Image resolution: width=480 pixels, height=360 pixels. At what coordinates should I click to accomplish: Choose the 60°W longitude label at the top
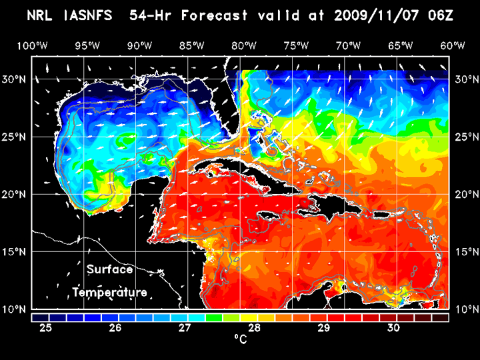coord(452,45)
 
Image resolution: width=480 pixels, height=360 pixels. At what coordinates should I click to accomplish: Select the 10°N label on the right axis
coord(465,309)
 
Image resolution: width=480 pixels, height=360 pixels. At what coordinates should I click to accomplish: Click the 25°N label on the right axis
coord(465,137)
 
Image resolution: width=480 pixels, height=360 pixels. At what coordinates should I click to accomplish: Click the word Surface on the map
coord(109,270)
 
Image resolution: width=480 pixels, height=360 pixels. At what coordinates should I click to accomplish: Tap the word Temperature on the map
coord(109,293)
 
